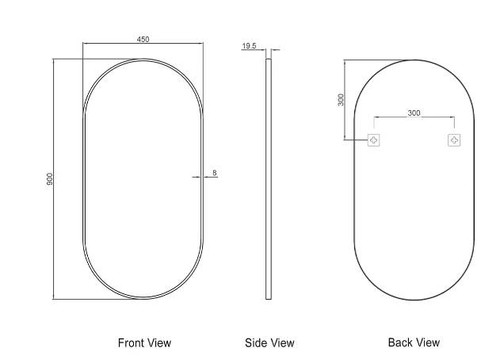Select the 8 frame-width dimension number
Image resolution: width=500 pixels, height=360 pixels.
(x=214, y=173)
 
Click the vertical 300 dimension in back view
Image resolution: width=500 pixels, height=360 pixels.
(x=341, y=100)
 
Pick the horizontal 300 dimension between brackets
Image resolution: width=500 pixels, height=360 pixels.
(x=414, y=114)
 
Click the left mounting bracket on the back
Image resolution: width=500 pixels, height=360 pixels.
(x=374, y=140)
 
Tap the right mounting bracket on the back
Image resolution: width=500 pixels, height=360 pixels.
(x=454, y=140)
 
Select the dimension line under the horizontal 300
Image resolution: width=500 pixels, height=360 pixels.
(x=414, y=121)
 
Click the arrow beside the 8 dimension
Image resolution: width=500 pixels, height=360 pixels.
(x=198, y=178)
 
